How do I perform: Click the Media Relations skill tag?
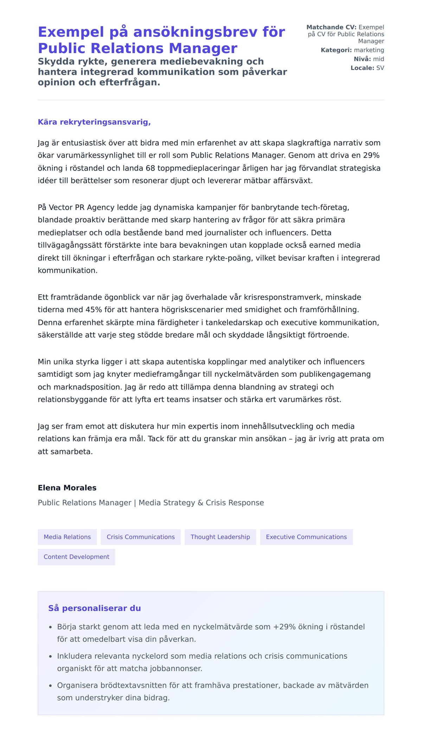coord(67,537)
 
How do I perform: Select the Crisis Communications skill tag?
coord(141,537)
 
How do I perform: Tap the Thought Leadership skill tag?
coord(220,537)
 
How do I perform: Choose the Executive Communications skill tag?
coord(306,537)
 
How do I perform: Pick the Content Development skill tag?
coord(76,557)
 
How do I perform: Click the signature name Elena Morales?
coord(67,488)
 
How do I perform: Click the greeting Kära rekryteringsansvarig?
coord(94,122)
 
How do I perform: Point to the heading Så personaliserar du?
coord(95,608)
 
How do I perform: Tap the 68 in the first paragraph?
coord(151,168)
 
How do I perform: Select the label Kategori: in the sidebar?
coord(336,50)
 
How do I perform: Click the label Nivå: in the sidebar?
coord(362,59)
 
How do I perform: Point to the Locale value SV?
coord(380,68)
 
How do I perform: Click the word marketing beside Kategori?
coord(369,50)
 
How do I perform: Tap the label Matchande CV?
coord(331,27)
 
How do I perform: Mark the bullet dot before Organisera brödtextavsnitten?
coord(50,686)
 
